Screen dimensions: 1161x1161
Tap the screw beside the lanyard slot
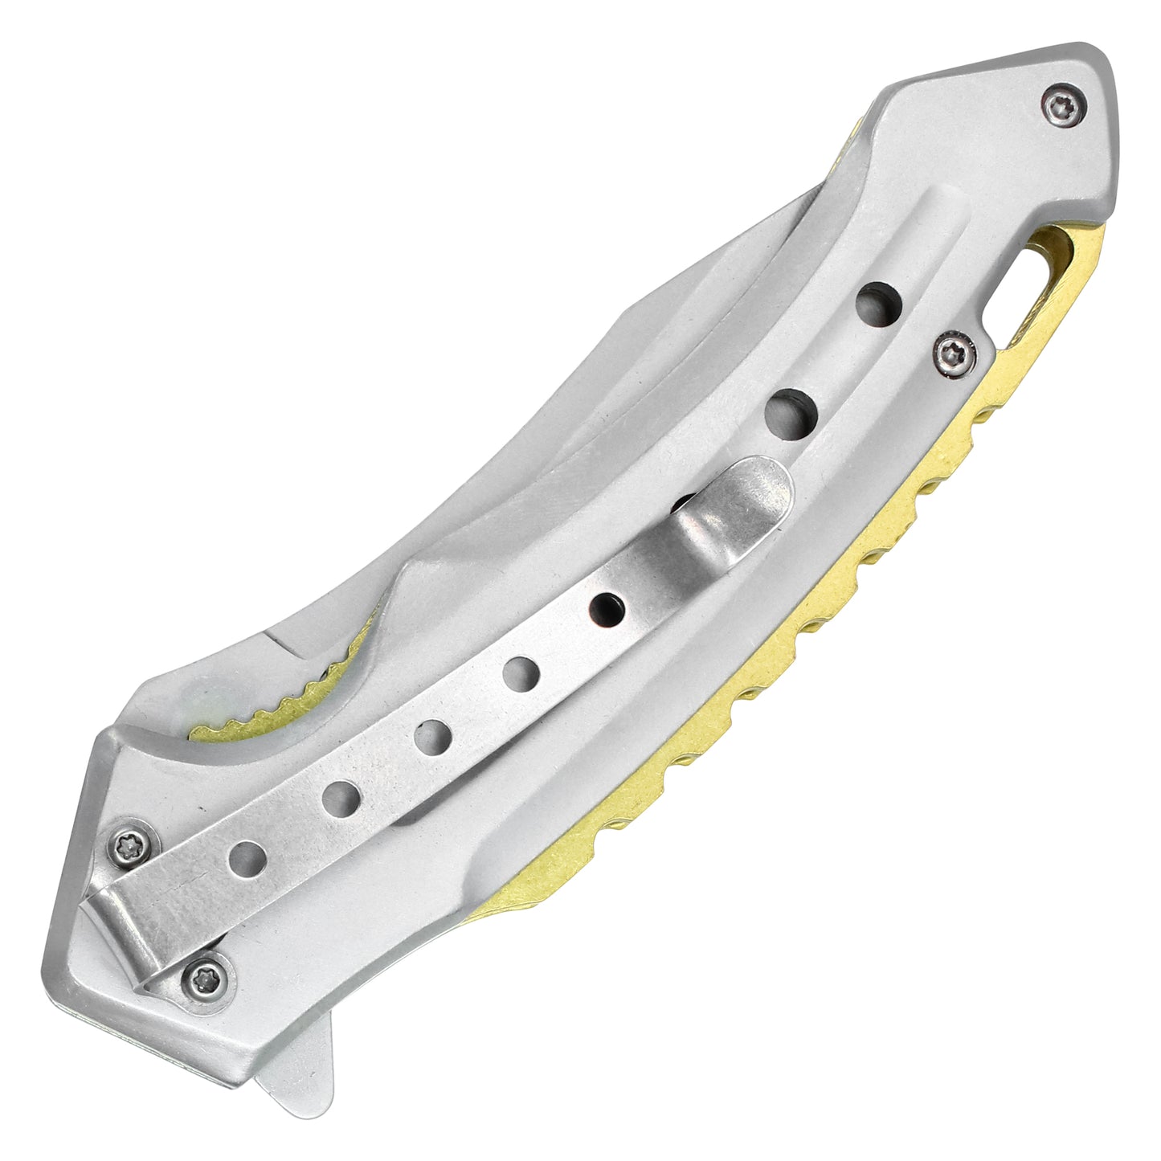click(955, 353)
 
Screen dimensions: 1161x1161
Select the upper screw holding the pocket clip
click(129, 844)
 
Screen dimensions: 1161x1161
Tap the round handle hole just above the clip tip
click(790, 413)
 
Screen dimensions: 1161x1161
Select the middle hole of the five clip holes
click(432, 734)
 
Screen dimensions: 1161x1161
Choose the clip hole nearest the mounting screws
click(247, 860)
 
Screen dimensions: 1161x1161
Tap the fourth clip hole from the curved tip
click(341, 798)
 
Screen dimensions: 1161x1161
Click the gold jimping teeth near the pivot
click(265, 707)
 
